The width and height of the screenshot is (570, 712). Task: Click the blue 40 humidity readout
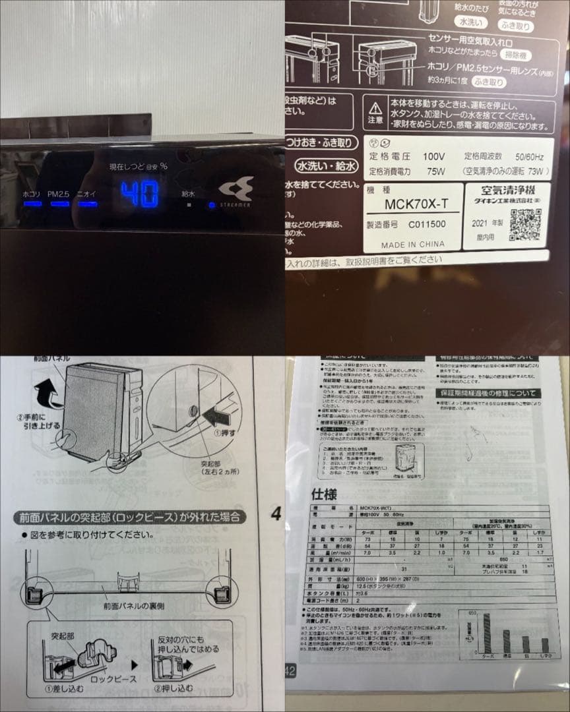140,194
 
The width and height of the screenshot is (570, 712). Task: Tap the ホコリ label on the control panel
32,194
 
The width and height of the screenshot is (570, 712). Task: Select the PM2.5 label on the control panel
59,194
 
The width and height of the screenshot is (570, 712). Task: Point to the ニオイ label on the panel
86,194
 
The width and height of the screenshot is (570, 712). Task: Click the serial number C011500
426,224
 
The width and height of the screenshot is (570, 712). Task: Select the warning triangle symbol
375,107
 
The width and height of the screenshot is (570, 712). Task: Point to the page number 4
276,514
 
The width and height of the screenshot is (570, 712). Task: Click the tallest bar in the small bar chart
488,633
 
